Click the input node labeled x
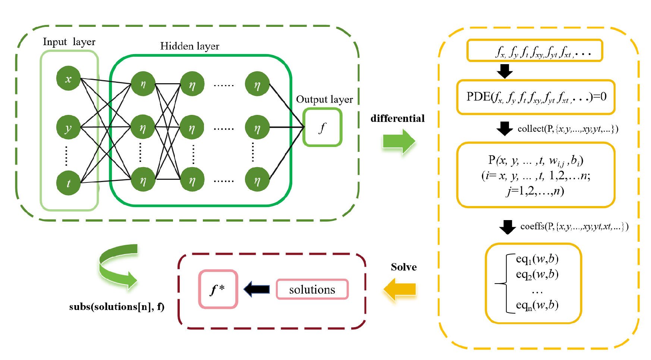click(68, 78)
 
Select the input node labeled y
click(68, 128)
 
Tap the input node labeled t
click(68, 183)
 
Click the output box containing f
click(322, 127)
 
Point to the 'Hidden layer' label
click(189, 46)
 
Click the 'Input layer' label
click(69, 42)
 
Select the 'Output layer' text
click(324, 100)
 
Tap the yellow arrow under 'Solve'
click(400, 289)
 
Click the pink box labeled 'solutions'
click(312, 289)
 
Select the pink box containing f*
click(218, 289)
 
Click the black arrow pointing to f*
click(257, 289)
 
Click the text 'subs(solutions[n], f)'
click(116, 307)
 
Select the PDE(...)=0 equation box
click(536, 97)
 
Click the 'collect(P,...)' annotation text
click(567, 129)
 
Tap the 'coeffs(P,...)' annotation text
click(574, 226)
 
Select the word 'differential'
click(397, 119)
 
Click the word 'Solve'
click(403, 267)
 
